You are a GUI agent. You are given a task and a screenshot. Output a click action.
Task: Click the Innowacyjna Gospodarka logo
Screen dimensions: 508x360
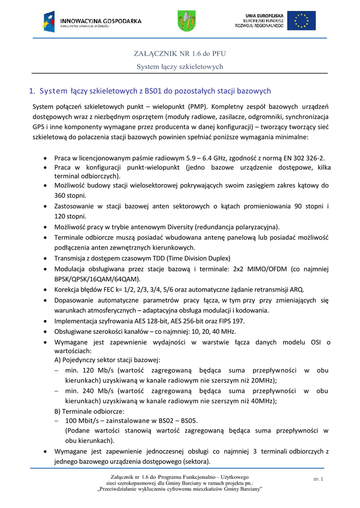pos(92,21)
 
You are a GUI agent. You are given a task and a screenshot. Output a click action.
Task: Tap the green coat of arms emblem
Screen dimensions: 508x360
pos(187,21)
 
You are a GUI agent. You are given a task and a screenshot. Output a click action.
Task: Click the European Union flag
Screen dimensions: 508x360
pos(301,21)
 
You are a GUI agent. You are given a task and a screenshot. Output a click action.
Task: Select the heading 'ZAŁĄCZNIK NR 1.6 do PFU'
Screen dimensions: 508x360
pos(180,53)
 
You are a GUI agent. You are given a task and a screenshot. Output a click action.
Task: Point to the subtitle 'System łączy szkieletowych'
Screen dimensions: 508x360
pos(180,66)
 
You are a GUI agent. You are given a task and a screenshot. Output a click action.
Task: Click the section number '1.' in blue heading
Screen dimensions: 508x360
pos(32,91)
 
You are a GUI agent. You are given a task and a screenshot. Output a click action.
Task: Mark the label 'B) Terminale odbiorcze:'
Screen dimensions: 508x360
pos(89,411)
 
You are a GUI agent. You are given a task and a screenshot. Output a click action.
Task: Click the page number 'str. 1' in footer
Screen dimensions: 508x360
pos(318,479)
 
